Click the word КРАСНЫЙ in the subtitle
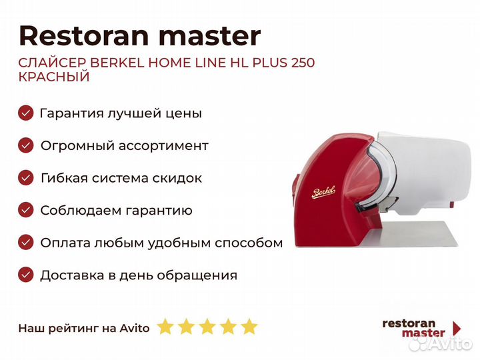(x=54, y=77)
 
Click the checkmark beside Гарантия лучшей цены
(x=26, y=113)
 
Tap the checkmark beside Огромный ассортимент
(x=26, y=145)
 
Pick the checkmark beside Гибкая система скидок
(x=26, y=178)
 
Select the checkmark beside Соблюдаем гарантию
(x=26, y=211)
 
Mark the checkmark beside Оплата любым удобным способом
(x=26, y=243)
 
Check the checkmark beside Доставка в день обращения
(x=26, y=275)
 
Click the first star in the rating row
(x=165, y=327)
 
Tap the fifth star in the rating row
(x=249, y=327)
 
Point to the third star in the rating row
(x=207, y=327)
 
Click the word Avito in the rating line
(x=135, y=328)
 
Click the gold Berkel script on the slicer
(x=324, y=193)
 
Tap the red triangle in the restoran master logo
(x=457, y=327)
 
